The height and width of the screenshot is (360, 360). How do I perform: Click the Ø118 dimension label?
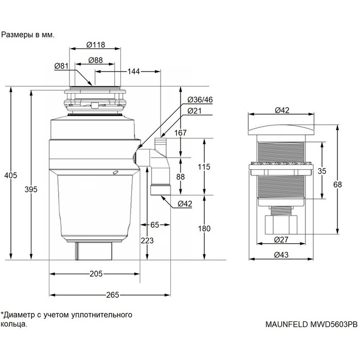(x=96, y=45)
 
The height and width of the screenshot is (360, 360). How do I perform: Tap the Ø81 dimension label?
(x=62, y=66)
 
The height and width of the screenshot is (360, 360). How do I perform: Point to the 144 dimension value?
(x=133, y=71)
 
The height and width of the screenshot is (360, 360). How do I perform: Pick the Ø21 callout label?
(x=194, y=111)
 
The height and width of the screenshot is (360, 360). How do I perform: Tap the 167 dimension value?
(x=181, y=133)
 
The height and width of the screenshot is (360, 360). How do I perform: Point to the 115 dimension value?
(x=205, y=167)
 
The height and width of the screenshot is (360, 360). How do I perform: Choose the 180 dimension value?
(x=205, y=228)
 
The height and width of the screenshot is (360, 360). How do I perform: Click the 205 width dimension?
(x=96, y=274)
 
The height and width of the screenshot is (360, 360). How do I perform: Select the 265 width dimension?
(x=112, y=295)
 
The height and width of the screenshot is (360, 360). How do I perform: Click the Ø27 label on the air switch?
(x=281, y=239)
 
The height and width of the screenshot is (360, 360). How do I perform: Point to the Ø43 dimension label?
(x=281, y=255)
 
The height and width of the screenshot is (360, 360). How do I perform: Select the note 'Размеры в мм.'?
(x=28, y=35)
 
